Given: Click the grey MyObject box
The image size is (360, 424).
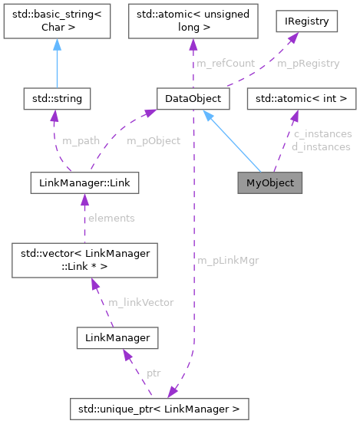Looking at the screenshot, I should pyautogui.click(x=270, y=183).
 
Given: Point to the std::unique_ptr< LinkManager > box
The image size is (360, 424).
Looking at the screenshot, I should pyautogui.click(x=160, y=409).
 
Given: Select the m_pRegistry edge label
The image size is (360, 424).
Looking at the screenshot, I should pyautogui.click(x=307, y=64).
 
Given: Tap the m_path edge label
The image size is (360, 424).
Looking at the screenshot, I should pyautogui.click(x=78, y=141).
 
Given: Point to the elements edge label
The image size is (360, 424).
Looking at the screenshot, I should pyautogui.click(x=112, y=218).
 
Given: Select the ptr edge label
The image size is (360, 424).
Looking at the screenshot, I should pyautogui.click(x=154, y=373).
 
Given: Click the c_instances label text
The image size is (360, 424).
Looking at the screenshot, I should pyautogui.click(x=322, y=134).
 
